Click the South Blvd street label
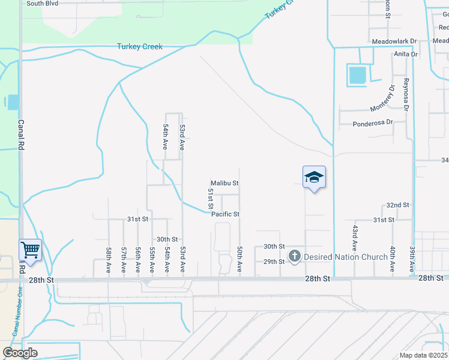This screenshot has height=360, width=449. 43,3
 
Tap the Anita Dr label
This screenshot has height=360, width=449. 405,54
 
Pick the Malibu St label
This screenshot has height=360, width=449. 224,183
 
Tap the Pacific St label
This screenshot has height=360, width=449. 225,214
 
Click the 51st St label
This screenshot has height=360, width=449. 211,199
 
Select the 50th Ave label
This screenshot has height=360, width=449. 240,259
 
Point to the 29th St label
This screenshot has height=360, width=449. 273,262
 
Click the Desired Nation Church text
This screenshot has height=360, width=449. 345,257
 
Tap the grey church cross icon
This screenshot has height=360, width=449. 294,256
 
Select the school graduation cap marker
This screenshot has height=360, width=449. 314,177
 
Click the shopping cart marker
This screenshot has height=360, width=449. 30,249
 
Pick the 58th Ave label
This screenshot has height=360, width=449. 109,259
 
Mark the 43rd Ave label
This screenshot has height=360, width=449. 355,238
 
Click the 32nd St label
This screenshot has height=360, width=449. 397,205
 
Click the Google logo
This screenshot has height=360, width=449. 20,353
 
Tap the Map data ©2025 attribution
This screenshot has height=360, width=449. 423,355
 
